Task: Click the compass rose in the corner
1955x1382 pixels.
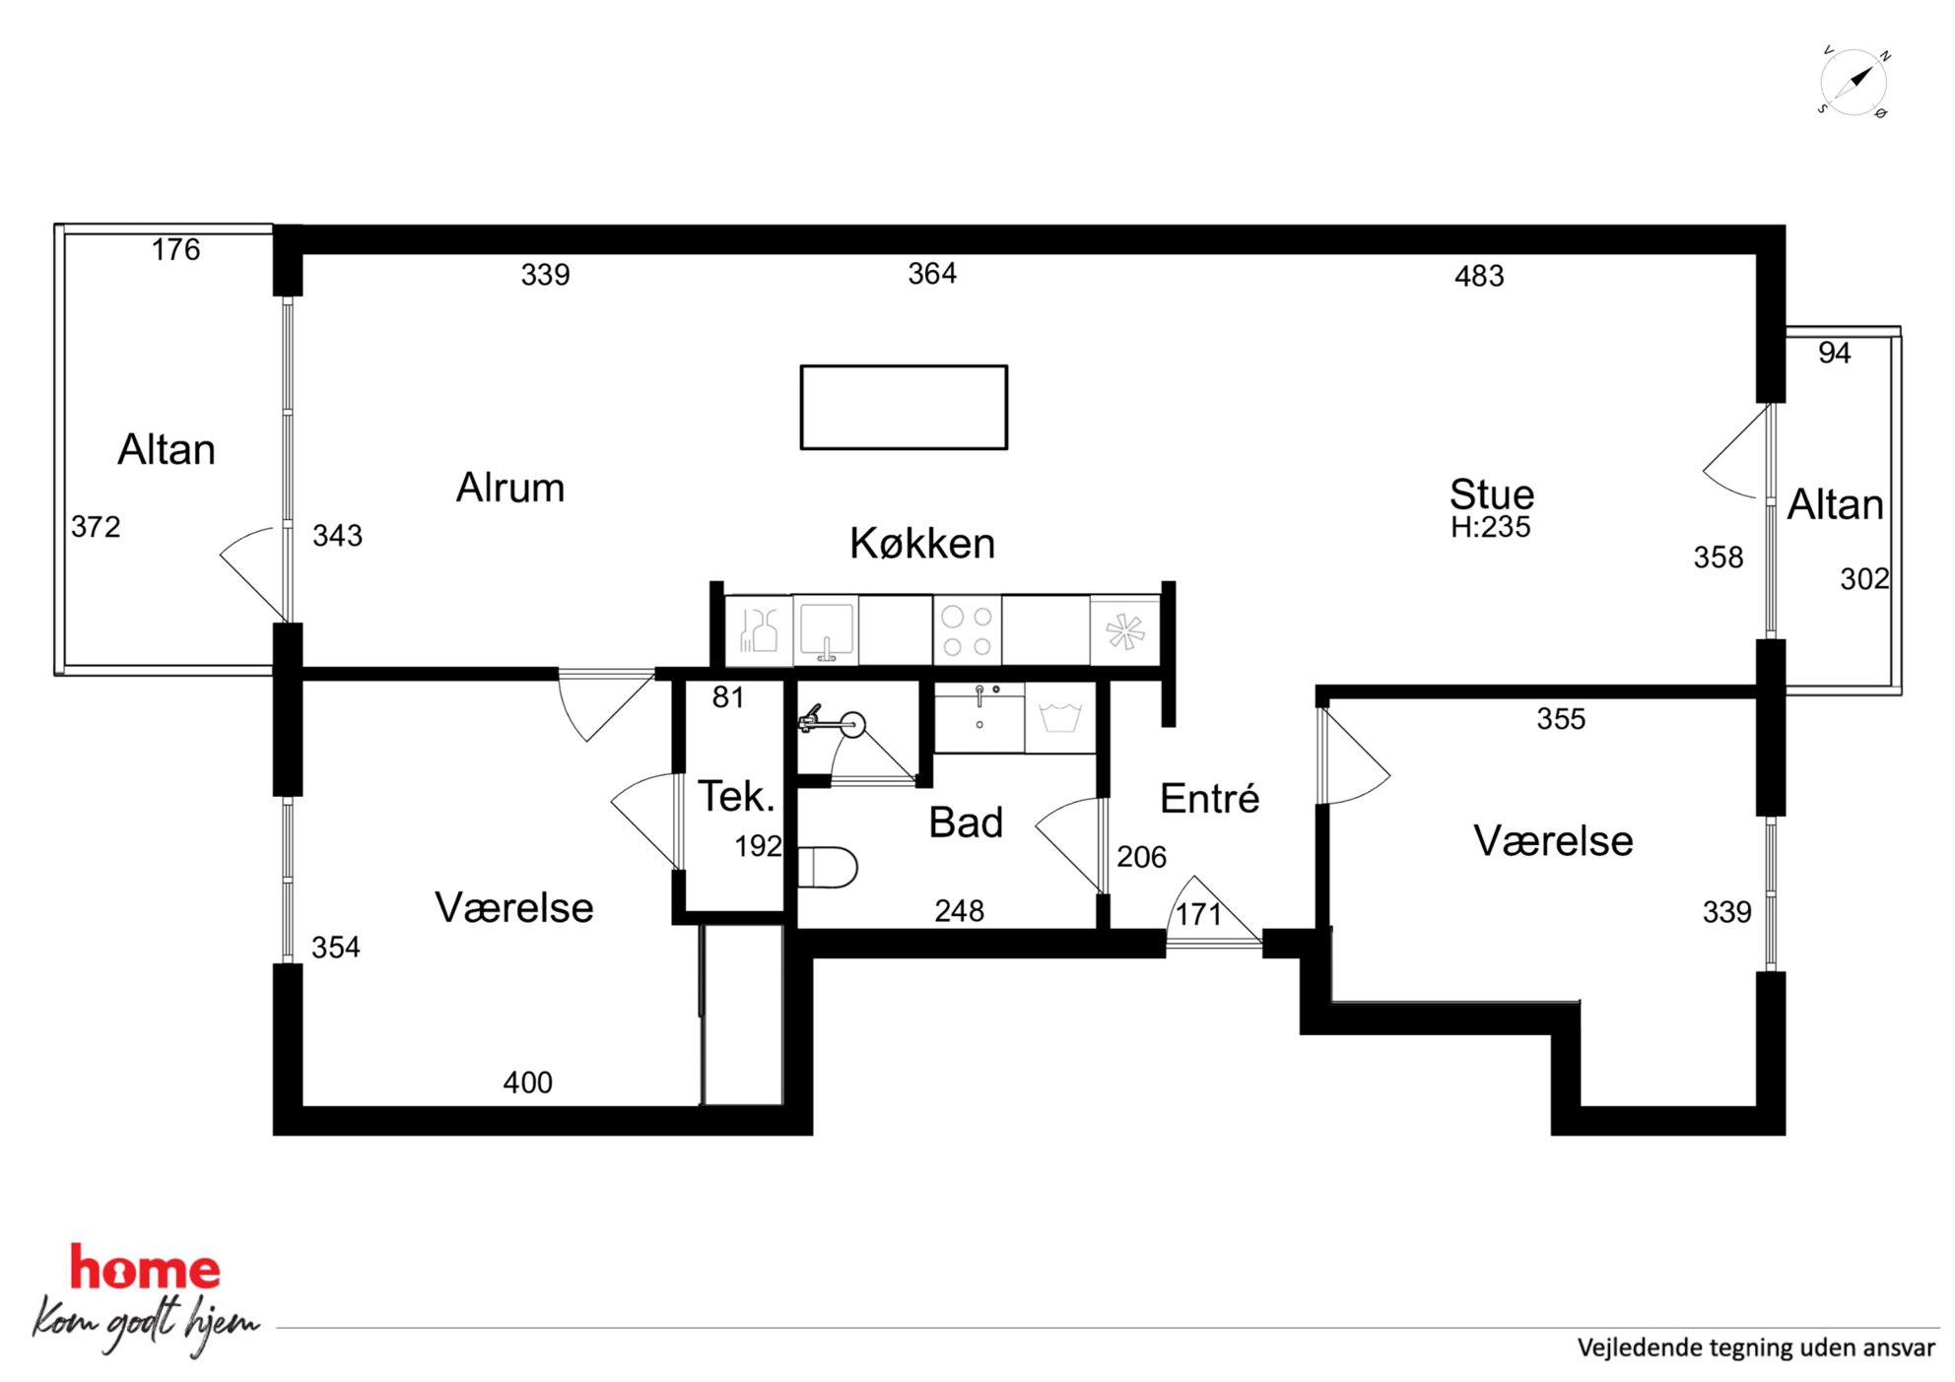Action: click(x=1854, y=82)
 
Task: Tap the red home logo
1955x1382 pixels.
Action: click(x=145, y=1269)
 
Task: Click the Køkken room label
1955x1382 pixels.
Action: click(x=922, y=544)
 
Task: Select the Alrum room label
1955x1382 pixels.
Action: click(x=510, y=488)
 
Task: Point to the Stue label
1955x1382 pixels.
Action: click(x=1492, y=494)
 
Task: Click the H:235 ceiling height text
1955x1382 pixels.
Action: click(x=1491, y=527)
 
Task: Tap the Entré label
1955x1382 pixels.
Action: click(x=1209, y=798)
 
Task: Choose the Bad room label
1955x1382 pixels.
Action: click(x=966, y=823)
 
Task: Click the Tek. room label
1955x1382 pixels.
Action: click(x=736, y=796)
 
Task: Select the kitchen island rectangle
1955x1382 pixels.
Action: click(x=904, y=408)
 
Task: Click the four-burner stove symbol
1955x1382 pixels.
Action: click(x=967, y=630)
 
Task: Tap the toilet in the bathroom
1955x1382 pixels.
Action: click(x=827, y=868)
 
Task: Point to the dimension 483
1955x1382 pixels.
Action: click(x=1479, y=276)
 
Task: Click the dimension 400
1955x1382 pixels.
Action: click(x=527, y=1083)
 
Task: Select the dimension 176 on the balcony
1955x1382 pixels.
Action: click(x=175, y=249)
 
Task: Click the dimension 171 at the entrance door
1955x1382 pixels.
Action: click(x=1198, y=914)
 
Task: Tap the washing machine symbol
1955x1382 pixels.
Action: click(x=1060, y=718)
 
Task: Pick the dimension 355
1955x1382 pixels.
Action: click(x=1561, y=719)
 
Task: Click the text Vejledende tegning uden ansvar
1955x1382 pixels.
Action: click(x=1756, y=1348)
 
